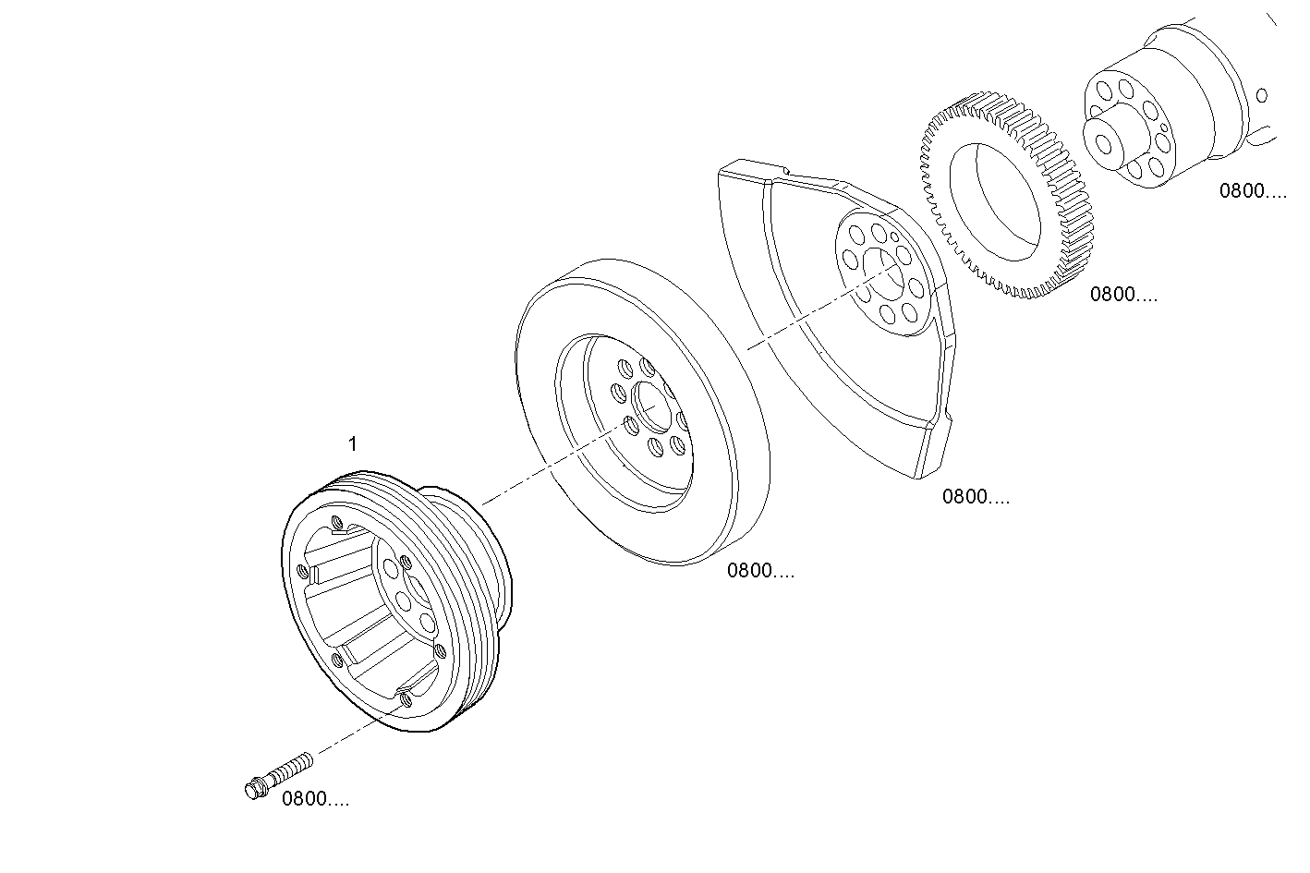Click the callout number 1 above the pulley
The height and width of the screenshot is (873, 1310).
352,444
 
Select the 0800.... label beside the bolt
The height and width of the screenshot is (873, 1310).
315,799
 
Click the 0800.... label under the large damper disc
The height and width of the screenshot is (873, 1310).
760,570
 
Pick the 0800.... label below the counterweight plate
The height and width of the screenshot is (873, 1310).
976,496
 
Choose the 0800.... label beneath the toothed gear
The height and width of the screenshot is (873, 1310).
1123,295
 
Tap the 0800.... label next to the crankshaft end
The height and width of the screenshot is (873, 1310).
1253,191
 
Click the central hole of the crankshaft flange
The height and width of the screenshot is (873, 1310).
1104,142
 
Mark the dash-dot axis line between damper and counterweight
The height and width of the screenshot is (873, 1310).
794,323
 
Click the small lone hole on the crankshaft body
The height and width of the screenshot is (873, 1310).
1263,94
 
